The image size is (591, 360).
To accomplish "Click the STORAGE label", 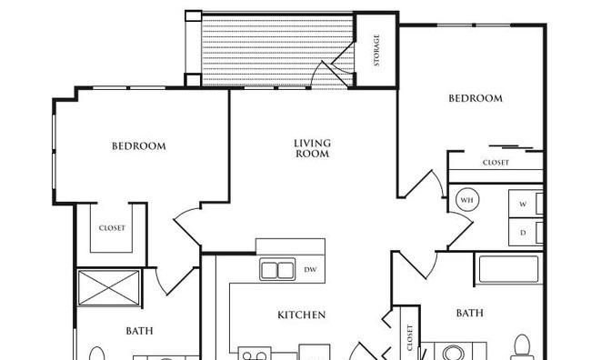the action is (x=376, y=50).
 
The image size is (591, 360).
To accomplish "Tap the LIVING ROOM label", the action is (x=312, y=148).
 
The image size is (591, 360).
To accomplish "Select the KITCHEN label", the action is (x=302, y=315).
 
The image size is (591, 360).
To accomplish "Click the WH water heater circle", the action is (x=467, y=200).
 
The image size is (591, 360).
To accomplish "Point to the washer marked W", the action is (x=526, y=204).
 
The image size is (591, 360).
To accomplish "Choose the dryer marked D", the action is (x=526, y=232).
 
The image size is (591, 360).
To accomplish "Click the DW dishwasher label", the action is (x=310, y=269).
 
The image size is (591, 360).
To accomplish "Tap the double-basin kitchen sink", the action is (x=277, y=269).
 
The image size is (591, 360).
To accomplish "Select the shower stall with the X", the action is (x=108, y=287).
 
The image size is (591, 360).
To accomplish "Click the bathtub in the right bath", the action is (x=508, y=269).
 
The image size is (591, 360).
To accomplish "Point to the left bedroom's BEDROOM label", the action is (x=139, y=145).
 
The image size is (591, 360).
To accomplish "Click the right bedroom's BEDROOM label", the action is (x=476, y=98).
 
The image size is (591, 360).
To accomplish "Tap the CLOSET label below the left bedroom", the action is (x=112, y=228).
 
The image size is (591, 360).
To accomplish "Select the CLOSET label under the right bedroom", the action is (x=496, y=163).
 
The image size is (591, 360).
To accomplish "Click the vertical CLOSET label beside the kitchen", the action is (x=410, y=337).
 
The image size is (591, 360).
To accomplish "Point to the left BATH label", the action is (x=139, y=331).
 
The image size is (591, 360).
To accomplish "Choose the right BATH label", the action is (x=470, y=313).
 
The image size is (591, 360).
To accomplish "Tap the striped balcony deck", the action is (x=278, y=50).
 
